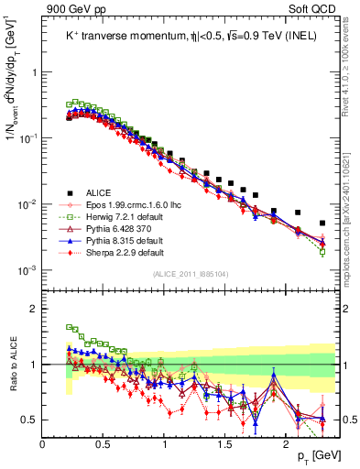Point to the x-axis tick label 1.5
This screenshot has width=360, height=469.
(x=225, y=444)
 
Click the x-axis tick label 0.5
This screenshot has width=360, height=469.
(x=104, y=444)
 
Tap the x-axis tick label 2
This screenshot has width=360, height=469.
(x=287, y=444)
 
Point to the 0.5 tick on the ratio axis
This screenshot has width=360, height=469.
(x=30, y=420)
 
